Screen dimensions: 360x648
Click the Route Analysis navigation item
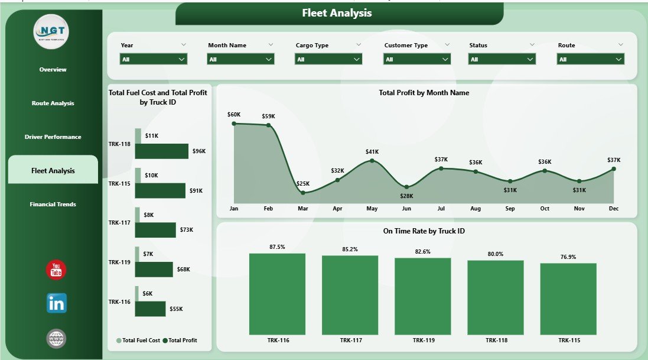pos(53,103)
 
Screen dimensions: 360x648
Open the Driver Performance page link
pos(53,137)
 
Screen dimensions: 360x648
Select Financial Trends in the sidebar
pos(53,205)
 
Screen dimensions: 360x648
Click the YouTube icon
pos(56,270)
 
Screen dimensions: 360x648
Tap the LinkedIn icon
pos(57,303)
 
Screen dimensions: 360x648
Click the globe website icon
pos(56,338)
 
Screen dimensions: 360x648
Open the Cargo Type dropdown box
pos(328,59)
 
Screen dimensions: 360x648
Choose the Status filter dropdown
pos(502,59)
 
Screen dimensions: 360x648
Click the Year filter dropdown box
pos(154,59)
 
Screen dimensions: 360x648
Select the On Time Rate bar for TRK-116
pos(277,294)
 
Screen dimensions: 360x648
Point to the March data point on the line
pos(303,193)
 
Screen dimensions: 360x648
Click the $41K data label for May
pos(372,152)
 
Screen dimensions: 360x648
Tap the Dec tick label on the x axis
pos(613,209)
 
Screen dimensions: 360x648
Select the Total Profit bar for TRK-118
pos(161,151)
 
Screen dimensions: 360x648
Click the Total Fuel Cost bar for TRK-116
pos(136,294)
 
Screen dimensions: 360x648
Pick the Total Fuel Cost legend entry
pos(139,340)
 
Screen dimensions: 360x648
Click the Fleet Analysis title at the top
pos(337,13)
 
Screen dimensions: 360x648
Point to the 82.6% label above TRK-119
pos(422,252)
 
